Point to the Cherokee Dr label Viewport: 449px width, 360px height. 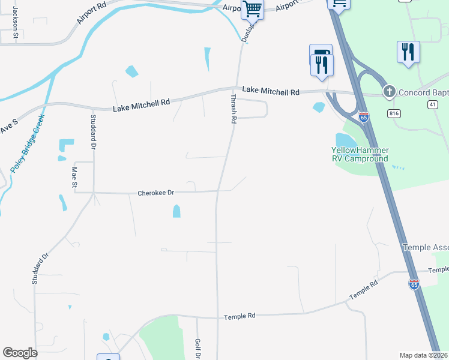[x=155, y=193]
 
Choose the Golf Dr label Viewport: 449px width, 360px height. [x=197, y=349]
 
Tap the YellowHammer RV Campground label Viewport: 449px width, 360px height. [x=360, y=154]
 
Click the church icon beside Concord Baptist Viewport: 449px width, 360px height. [x=389, y=92]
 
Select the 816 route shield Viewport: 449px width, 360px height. [x=394, y=113]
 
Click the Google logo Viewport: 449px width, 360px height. [x=20, y=353]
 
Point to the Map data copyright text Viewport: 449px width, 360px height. [x=424, y=355]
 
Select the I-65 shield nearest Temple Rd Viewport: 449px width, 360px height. [x=414, y=284]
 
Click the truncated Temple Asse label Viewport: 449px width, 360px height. [x=425, y=247]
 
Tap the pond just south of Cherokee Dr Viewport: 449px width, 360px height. [x=176, y=211]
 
